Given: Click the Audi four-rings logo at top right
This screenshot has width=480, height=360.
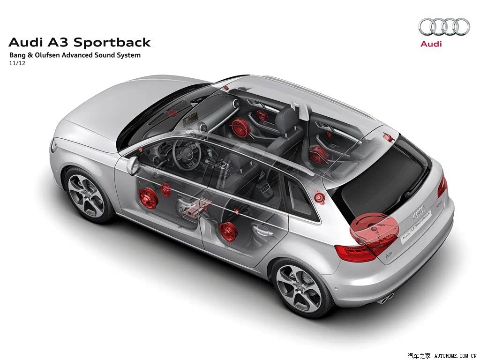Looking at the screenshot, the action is [444, 27].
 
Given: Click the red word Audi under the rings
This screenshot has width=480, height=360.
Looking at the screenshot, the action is [431, 44].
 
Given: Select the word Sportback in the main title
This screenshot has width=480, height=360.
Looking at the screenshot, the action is [112, 43].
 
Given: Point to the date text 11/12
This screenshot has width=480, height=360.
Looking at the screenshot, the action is [17, 63].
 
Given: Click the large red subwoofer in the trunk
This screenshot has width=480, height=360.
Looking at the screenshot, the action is [374, 228].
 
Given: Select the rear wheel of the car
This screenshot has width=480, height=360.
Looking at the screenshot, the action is [299, 288].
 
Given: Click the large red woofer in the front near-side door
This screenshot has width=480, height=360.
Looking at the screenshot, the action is [149, 198].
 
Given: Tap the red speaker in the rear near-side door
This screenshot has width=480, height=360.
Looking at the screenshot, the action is [228, 231].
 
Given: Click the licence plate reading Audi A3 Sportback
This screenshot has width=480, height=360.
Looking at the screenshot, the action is [416, 228].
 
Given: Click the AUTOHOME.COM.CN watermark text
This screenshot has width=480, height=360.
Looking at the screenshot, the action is [456, 356].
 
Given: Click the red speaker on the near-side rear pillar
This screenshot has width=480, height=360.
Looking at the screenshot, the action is [319, 197].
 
